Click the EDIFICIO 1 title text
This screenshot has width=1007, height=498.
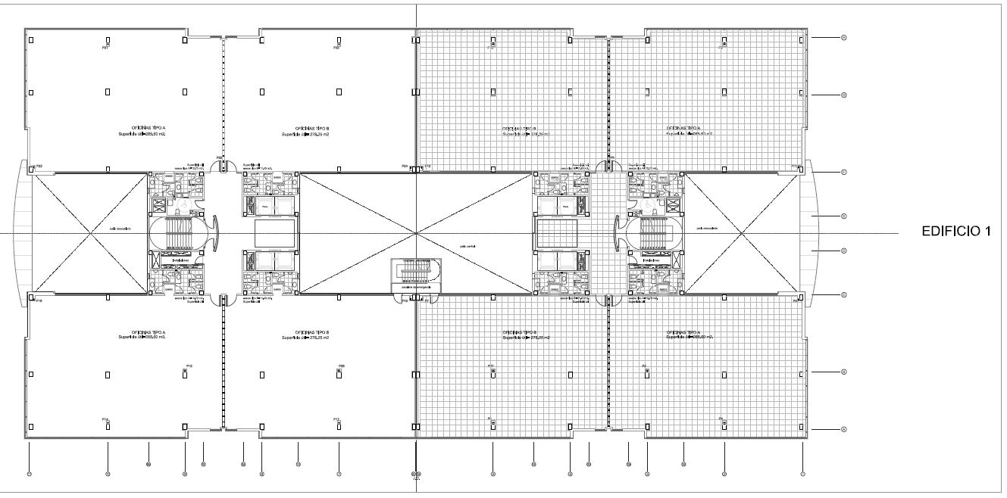(x=955, y=233)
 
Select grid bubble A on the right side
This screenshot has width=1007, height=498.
(x=843, y=430)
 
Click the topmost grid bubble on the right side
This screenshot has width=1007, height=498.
(x=843, y=37)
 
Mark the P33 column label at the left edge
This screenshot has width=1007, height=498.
(x=39, y=166)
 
